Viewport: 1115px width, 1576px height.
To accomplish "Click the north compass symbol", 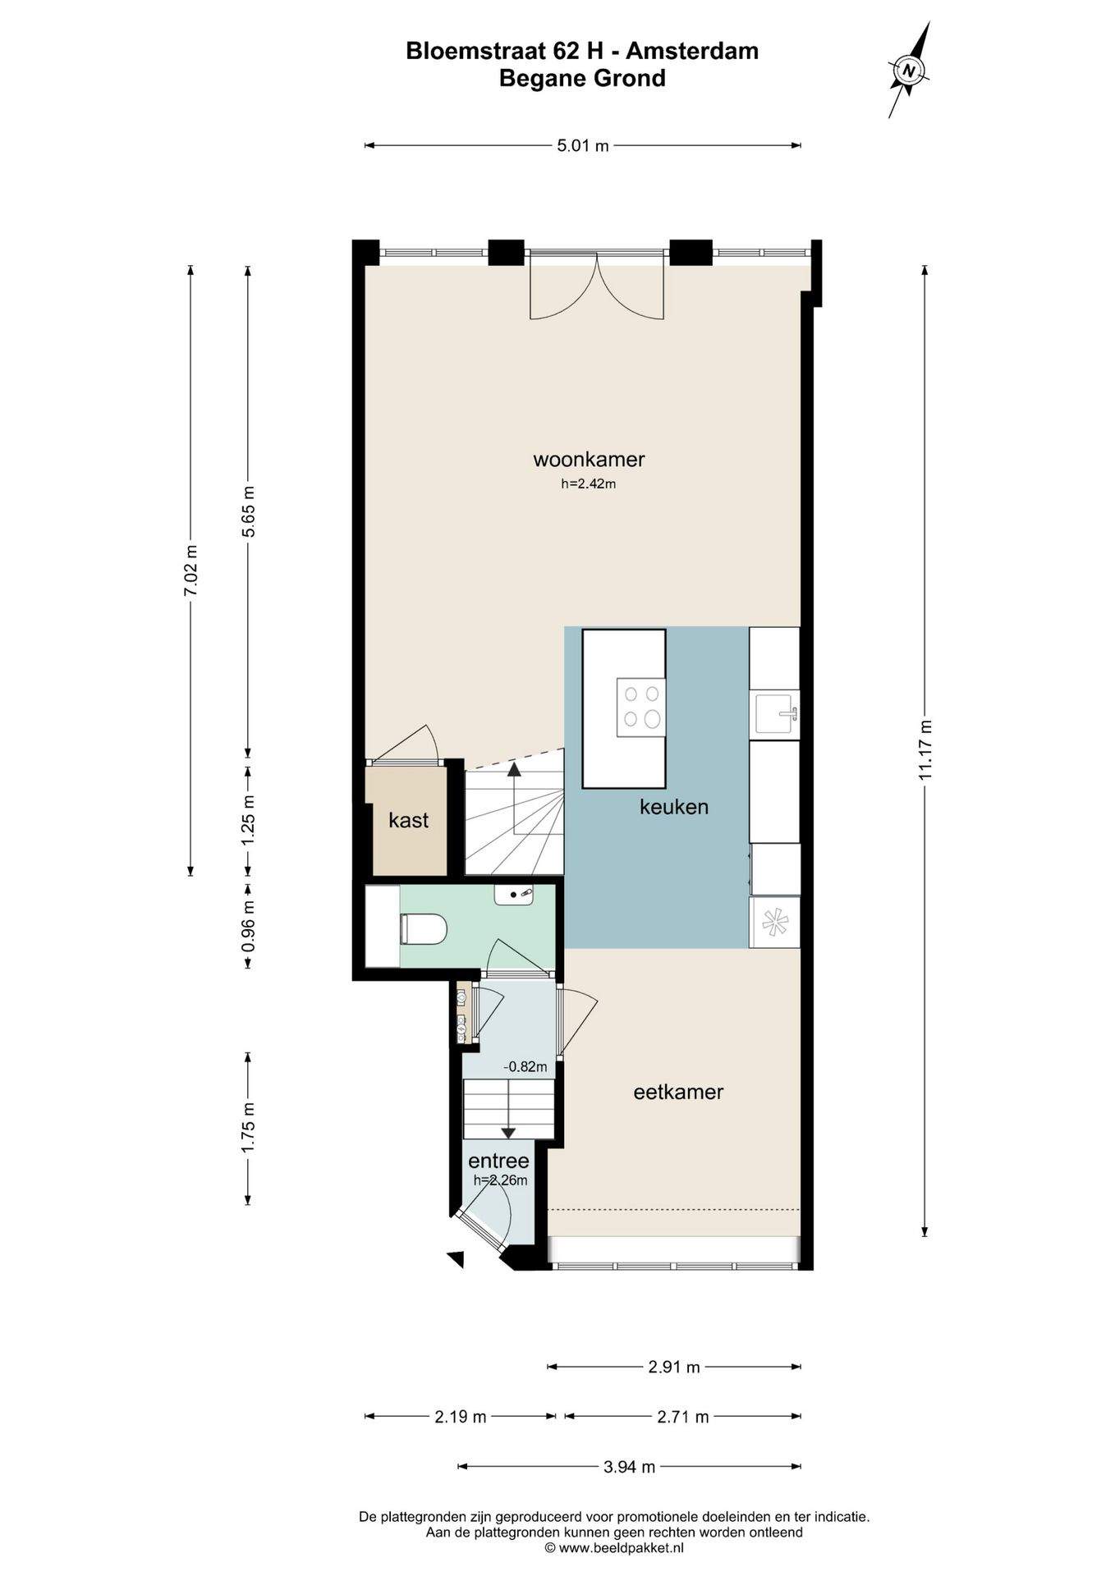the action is click(x=909, y=70).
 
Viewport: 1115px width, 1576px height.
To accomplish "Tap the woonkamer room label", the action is click(x=589, y=459).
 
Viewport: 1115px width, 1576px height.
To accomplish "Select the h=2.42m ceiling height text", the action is click(x=589, y=483).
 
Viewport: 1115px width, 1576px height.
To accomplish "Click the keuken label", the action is click(x=674, y=806).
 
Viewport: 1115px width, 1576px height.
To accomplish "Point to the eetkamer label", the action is click(x=678, y=1092).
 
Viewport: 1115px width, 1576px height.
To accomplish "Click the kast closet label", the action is click(x=409, y=819).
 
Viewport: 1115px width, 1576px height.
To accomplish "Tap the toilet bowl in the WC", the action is click(x=423, y=929).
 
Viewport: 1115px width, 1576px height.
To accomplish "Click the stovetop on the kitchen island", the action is click(x=641, y=707).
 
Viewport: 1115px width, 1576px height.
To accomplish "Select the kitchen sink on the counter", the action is click(x=776, y=712).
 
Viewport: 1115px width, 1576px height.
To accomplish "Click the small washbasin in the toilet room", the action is click(x=514, y=894).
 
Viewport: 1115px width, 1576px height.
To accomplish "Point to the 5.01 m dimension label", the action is click(x=583, y=146).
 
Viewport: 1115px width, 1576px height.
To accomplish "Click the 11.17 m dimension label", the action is click(x=925, y=749).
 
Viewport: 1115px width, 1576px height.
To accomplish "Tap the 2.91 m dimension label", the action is click(x=674, y=1367).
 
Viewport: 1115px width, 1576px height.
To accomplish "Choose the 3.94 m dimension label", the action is click(x=630, y=1467).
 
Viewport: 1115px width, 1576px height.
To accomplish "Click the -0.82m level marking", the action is click(x=525, y=1067).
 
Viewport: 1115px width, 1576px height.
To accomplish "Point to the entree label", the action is click(x=498, y=1161).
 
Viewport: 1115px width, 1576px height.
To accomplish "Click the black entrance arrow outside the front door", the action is click(x=455, y=1258).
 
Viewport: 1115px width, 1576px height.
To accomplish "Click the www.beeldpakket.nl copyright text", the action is click(x=614, y=1548).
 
